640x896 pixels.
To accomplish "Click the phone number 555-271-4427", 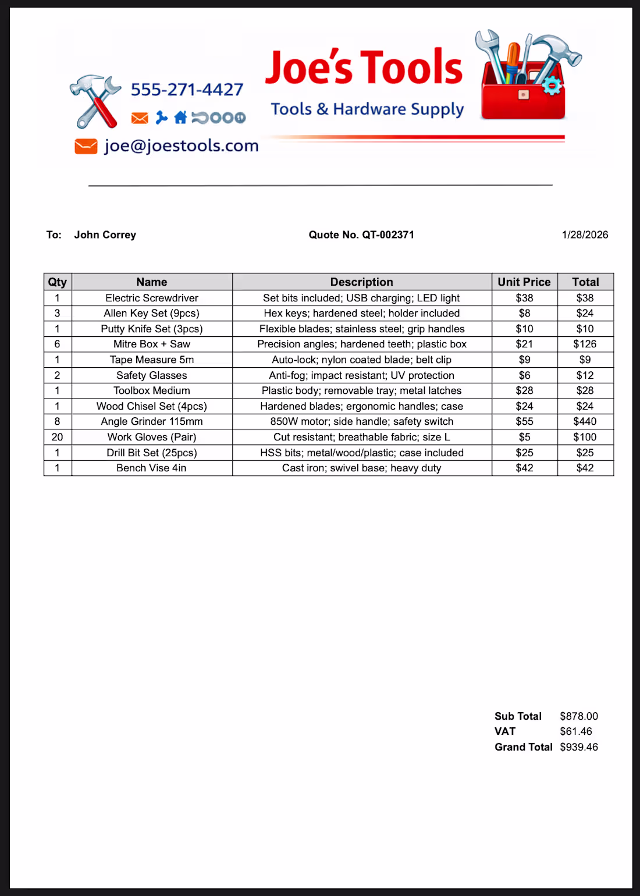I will (187, 90).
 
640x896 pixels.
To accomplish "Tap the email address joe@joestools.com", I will (181, 145).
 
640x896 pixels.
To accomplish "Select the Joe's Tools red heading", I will (364, 67).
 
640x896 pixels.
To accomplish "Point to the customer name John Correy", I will (105, 235).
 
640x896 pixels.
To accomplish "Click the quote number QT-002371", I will (387, 235).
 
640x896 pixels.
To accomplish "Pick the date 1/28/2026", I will (585, 235).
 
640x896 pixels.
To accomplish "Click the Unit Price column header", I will (524, 282).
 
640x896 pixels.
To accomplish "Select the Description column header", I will (361, 282).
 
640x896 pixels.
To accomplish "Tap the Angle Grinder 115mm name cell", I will (152, 422).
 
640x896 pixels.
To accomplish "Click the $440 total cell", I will (585, 422).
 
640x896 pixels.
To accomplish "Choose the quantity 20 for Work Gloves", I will (57, 437).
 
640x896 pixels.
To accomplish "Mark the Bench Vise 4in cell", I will (151, 468).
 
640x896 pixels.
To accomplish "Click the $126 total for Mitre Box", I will (585, 344).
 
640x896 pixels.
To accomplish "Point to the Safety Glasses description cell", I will (361, 376).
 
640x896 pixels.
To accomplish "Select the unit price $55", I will (524, 422).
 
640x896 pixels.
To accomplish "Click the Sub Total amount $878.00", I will (579, 716).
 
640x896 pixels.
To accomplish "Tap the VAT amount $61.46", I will (575, 732).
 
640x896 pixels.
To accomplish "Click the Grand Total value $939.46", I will (579, 748).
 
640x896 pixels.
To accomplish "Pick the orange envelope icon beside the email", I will (86, 146).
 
